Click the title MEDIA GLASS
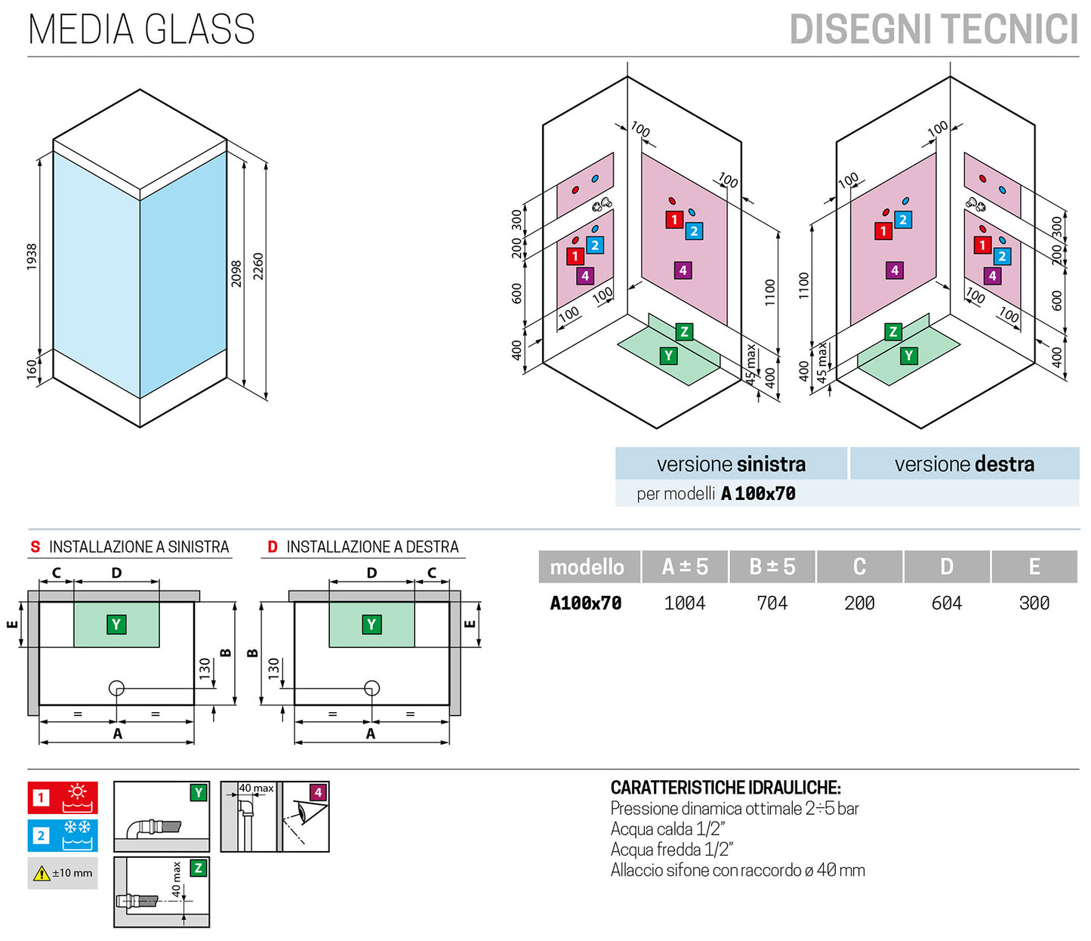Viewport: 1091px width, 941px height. (x=141, y=29)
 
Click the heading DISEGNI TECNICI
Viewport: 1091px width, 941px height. (x=933, y=30)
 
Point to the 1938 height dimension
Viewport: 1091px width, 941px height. (x=32, y=257)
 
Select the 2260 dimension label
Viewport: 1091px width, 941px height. (x=258, y=267)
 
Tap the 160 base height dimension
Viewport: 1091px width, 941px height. (x=32, y=369)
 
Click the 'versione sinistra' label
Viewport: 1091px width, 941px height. (x=731, y=464)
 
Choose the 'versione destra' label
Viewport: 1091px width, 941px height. (x=964, y=464)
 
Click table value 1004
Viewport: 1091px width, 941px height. (x=685, y=603)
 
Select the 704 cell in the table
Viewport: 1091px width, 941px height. (x=772, y=603)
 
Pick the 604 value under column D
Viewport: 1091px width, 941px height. (x=947, y=603)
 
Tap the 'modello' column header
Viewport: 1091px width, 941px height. (x=587, y=566)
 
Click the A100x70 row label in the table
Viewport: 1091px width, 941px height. (x=586, y=603)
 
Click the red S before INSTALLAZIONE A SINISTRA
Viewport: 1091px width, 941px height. (x=35, y=547)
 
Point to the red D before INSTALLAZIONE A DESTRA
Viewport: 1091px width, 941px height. (x=273, y=547)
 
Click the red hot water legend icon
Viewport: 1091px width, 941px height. (x=63, y=798)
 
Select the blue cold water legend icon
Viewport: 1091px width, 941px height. (x=63, y=835)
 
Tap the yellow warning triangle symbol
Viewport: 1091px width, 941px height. (x=42, y=874)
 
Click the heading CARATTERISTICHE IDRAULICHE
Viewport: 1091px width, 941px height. (x=726, y=788)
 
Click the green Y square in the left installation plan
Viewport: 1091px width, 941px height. (x=116, y=625)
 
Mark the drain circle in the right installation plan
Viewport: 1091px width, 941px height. (x=371, y=688)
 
